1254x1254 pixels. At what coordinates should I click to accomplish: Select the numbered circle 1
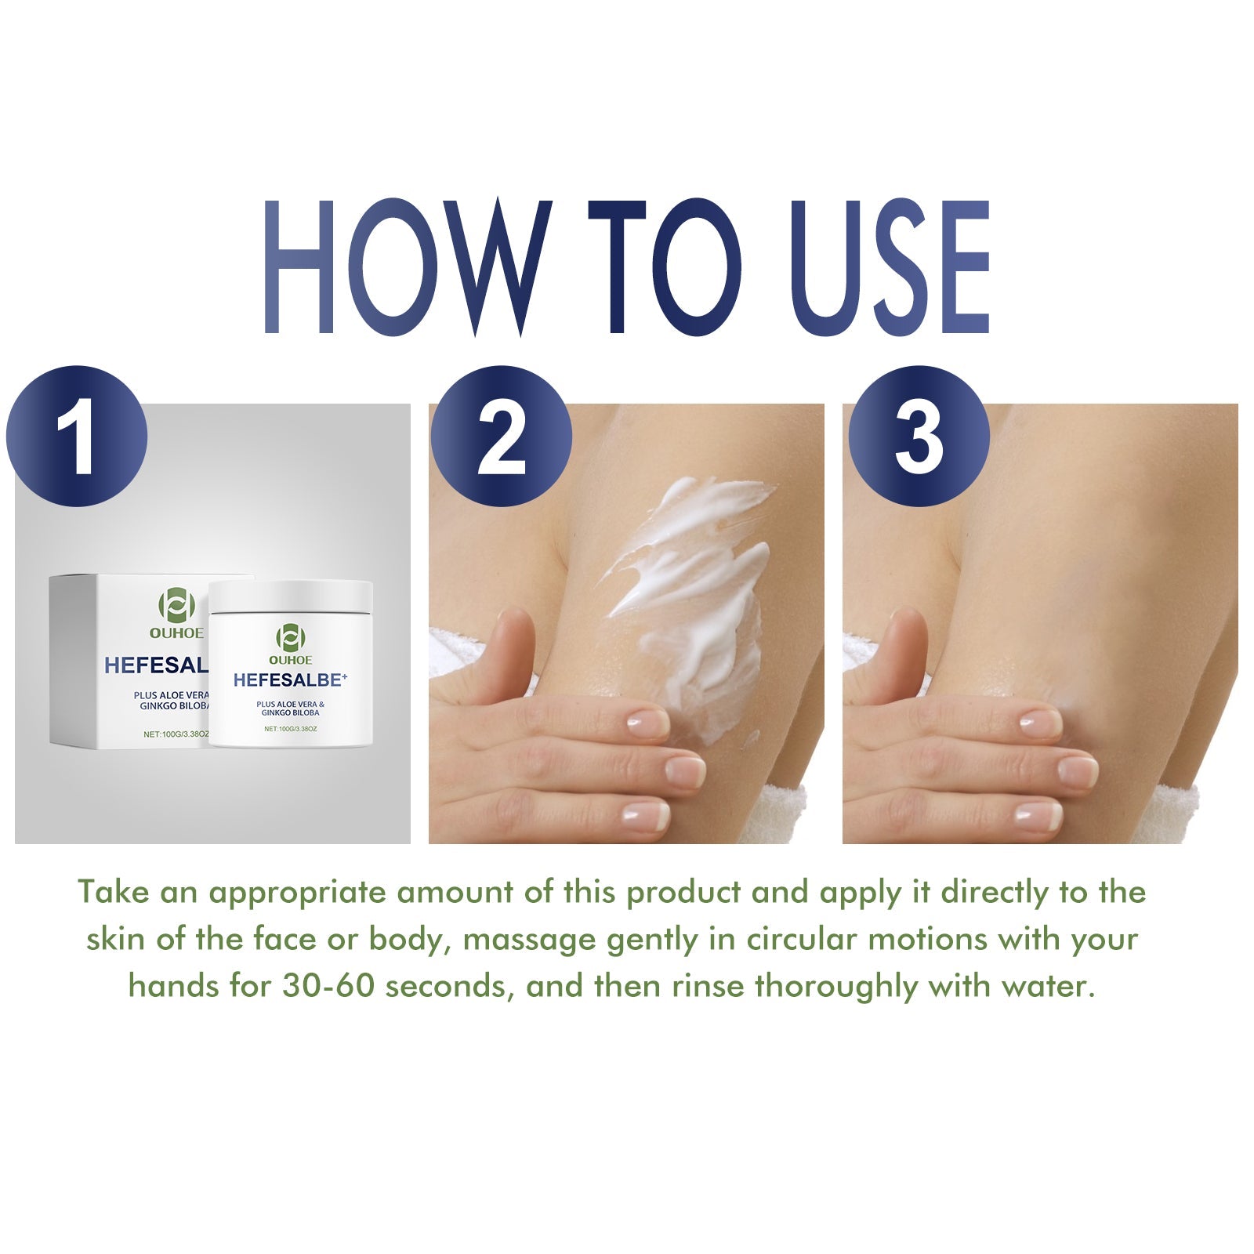pyautogui.click(x=77, y=436)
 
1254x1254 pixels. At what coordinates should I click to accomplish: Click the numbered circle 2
pyautogui.click(x=501, y=436)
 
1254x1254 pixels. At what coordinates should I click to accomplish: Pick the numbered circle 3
pyautogui.click(x=919, y=436)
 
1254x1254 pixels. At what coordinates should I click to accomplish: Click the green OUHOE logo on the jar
pyautogui.click(x=290, y=637)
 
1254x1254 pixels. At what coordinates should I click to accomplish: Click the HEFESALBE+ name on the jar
pyautogui.click(x=290, y=680)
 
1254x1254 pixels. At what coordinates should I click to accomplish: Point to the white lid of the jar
pyautogui.click(x=290, y=596)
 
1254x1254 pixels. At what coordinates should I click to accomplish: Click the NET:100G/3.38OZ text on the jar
pyautogui.click(x=290, y=729)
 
